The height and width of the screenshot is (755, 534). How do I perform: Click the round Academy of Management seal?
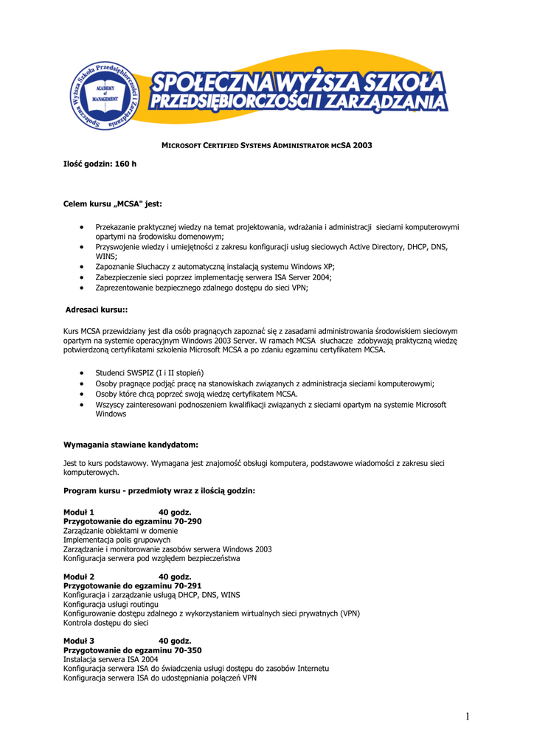pos(105,95)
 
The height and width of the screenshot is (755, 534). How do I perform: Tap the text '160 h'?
pos(125,163)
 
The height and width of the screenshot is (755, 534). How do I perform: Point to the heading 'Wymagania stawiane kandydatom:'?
pos(131,445)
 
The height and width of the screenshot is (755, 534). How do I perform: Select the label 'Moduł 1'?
pos(79,512)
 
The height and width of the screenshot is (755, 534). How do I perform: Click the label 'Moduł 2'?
pos(79,577)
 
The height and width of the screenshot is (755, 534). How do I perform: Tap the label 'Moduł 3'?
pos(79,641)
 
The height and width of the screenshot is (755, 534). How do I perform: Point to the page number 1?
pos(468,716)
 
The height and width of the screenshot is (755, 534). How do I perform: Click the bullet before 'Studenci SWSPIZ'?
pos(80,373)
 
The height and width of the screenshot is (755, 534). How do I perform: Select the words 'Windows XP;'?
pos(314,266)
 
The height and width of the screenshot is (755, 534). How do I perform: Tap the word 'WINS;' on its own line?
pos(106,255)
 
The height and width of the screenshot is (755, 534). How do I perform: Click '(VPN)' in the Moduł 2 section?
pos(350,613)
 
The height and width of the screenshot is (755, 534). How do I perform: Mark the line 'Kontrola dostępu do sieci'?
pos(105,623)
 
